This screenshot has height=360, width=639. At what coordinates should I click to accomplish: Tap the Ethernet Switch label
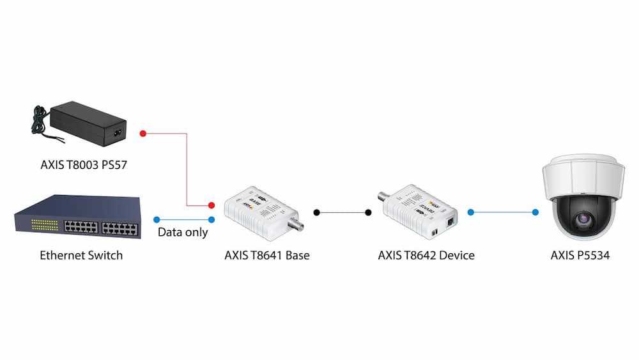point(81,255)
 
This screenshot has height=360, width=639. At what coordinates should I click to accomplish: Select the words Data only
point(183,232)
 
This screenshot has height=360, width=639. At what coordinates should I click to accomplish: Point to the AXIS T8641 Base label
point(267,255)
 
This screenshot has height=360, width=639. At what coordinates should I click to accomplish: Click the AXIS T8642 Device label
point(426,255)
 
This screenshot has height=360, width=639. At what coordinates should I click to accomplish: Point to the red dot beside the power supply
point(143,134)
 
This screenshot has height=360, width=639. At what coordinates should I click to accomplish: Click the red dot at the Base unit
point(212,205)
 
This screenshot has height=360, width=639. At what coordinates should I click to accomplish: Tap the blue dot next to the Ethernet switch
point(157,219)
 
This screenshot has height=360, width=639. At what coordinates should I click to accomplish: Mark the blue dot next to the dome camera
point(534,212)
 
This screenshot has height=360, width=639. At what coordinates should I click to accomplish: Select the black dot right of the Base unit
point(316,212)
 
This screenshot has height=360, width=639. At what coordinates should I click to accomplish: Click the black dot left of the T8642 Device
point(368,212)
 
